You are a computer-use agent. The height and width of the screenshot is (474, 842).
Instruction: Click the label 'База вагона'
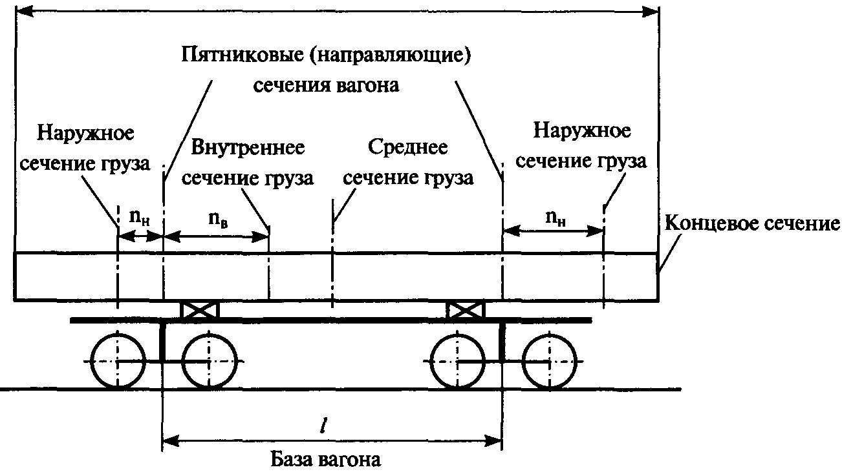click(325, 459)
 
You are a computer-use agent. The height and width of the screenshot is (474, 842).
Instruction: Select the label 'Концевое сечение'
click(751, 224)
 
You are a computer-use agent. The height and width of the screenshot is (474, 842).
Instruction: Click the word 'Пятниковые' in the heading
click(243, 55)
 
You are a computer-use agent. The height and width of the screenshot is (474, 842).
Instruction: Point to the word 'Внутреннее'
click(248, 147)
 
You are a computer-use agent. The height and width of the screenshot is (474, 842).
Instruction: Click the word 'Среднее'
click(408, 147)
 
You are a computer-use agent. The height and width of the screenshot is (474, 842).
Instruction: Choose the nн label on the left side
click(140, 218)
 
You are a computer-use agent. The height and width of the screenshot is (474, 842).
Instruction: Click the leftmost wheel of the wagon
click(118, 361)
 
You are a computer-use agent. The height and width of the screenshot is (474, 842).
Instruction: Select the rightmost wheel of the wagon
click(549, 361)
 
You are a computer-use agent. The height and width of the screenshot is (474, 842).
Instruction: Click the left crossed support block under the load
click(200, 311)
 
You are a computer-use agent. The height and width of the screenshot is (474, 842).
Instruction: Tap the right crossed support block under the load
click(466, 311)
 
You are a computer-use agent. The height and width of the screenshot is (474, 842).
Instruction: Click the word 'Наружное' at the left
click(85, 133)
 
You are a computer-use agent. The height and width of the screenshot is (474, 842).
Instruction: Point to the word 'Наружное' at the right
click(582, 131)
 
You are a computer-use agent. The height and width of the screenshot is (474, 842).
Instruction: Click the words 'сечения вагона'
click(326, 86)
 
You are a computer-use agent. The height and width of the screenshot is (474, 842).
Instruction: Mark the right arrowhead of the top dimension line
click(651, 12)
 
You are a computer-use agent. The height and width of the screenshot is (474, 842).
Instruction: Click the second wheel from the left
click(209, 361)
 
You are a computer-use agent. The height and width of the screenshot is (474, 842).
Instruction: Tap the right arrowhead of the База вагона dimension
click(493, 441)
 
